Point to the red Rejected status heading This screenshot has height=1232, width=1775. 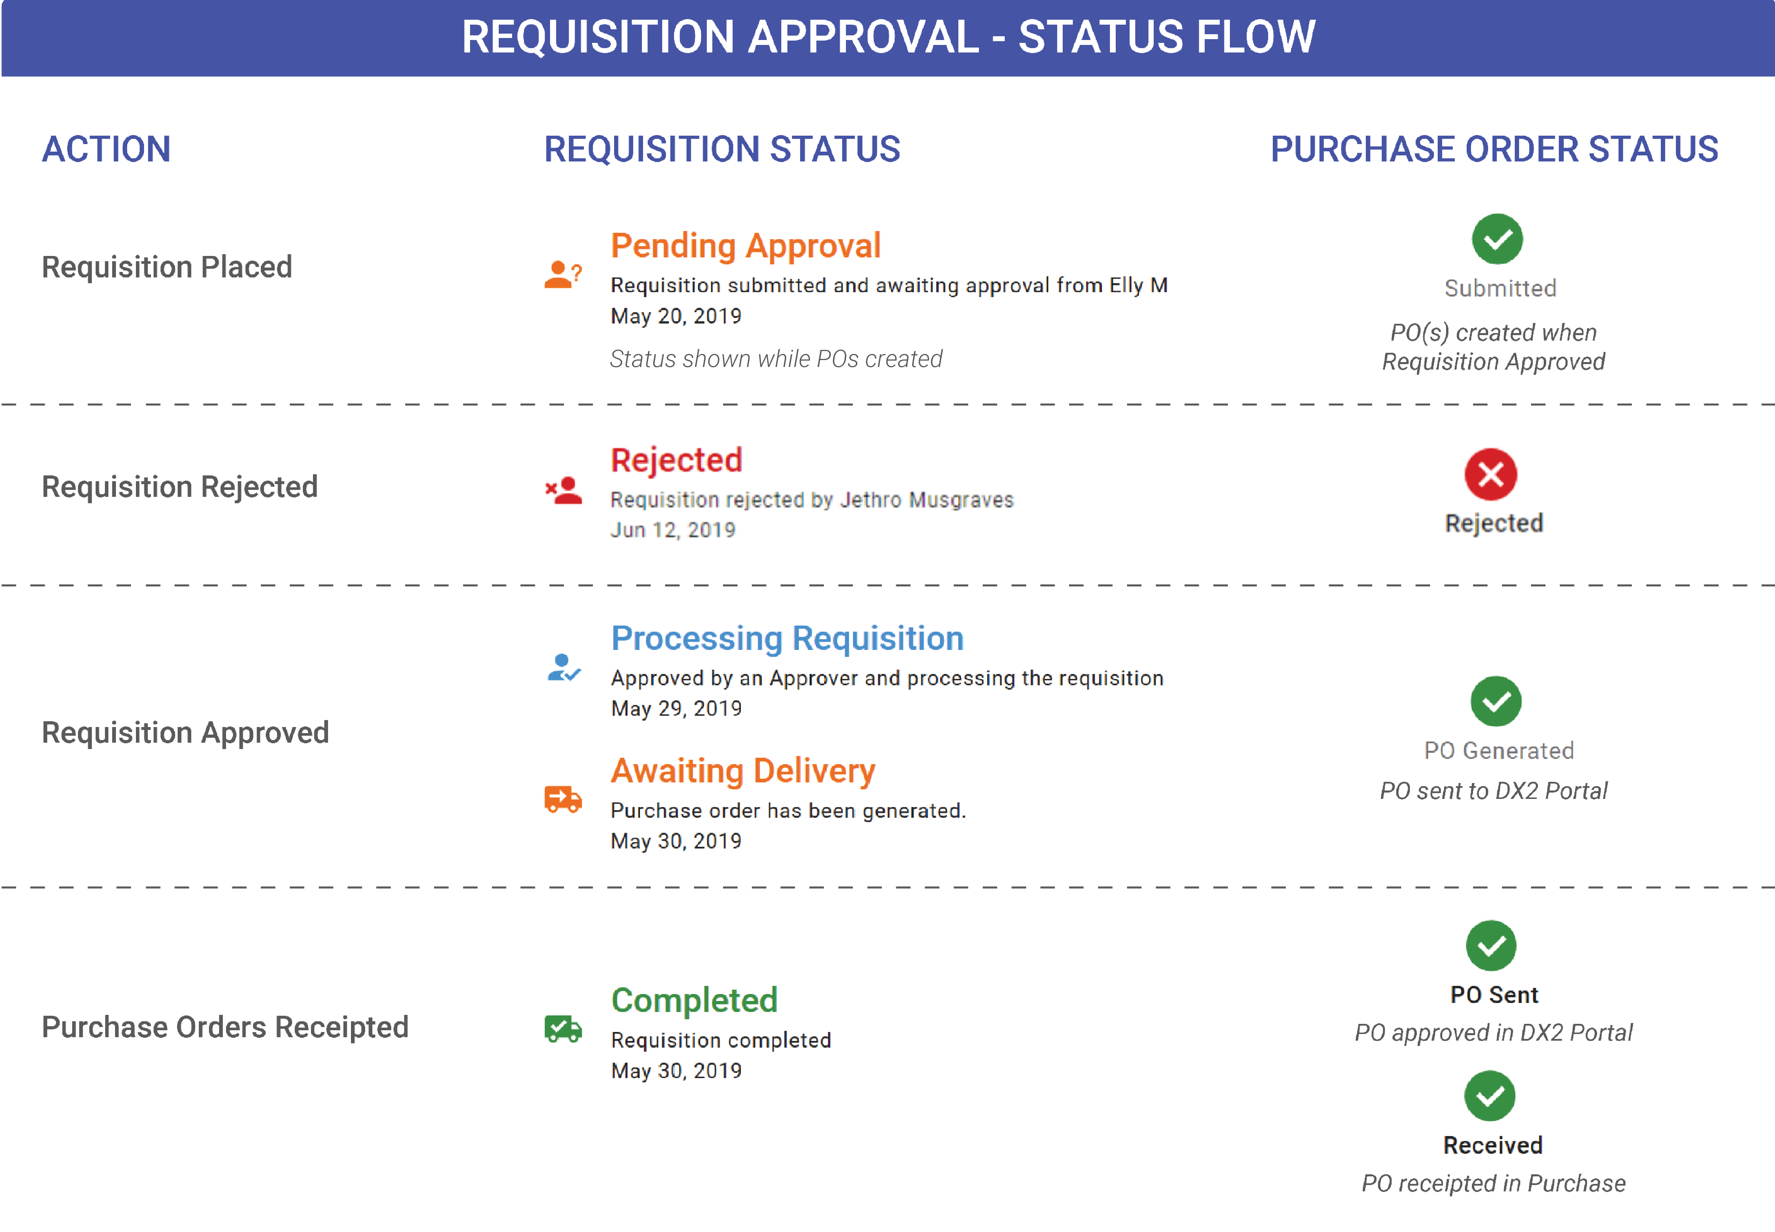pyautogui.click(x=676, y=460)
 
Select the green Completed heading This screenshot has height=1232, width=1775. pyautogui.click(x=694, y=1000)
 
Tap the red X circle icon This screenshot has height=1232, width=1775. pyautogui.click(x=1490, y=474)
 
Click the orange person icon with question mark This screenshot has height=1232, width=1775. pyautogui.click(x=562, y=274)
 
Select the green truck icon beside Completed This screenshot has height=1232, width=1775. pyautogui.click(x=562, y=1029)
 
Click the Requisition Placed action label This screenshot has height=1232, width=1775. pyautogui.click(x=167, y=267)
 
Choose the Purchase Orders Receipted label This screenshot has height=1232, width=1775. pyautogui.click(x=225, y=1027)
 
